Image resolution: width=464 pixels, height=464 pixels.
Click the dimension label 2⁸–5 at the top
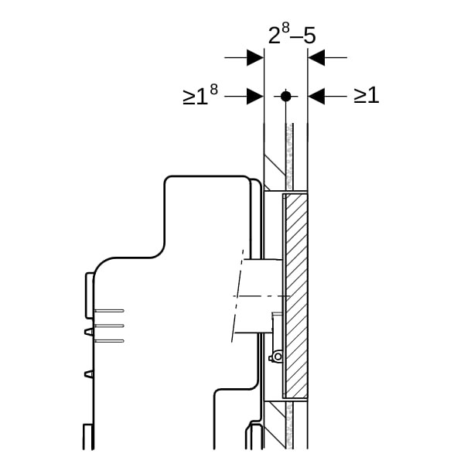[x=292, y=34]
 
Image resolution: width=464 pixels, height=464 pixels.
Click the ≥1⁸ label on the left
[x=200, y=94]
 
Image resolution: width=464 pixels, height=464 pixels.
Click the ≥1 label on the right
[x=367, y=95]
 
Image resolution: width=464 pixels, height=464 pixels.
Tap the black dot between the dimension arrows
[x=285, y=96]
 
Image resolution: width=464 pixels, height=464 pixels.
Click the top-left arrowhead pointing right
[x=255, y=57]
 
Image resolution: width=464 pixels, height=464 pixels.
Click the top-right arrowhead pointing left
[x=316, y=57]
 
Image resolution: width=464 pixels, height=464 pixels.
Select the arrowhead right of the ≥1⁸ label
[x=255, y=96]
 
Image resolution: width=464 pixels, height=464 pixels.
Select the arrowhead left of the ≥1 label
[x=316, y=96]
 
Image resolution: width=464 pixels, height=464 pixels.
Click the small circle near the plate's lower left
[x=278, y=357]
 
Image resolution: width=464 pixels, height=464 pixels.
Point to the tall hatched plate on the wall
[x=296, y=296]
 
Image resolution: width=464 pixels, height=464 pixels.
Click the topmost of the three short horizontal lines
[x=109, y=310]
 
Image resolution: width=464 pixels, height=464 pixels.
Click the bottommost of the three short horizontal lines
[x=109, y=341]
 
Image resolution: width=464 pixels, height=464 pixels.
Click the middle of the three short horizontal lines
[x=109, y=326]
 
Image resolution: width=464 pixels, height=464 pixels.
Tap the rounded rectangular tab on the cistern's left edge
[x=90, y=295]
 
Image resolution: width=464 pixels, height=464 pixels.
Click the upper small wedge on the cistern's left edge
[x=89, y=332]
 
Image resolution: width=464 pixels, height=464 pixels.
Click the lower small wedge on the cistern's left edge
[x=89, y=374]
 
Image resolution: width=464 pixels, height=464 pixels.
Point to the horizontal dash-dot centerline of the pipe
[x=261, y=296]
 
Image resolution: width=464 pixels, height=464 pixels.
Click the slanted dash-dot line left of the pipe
[x=237, y=296]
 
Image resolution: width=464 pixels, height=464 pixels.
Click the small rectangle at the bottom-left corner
[x=88, y=437]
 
